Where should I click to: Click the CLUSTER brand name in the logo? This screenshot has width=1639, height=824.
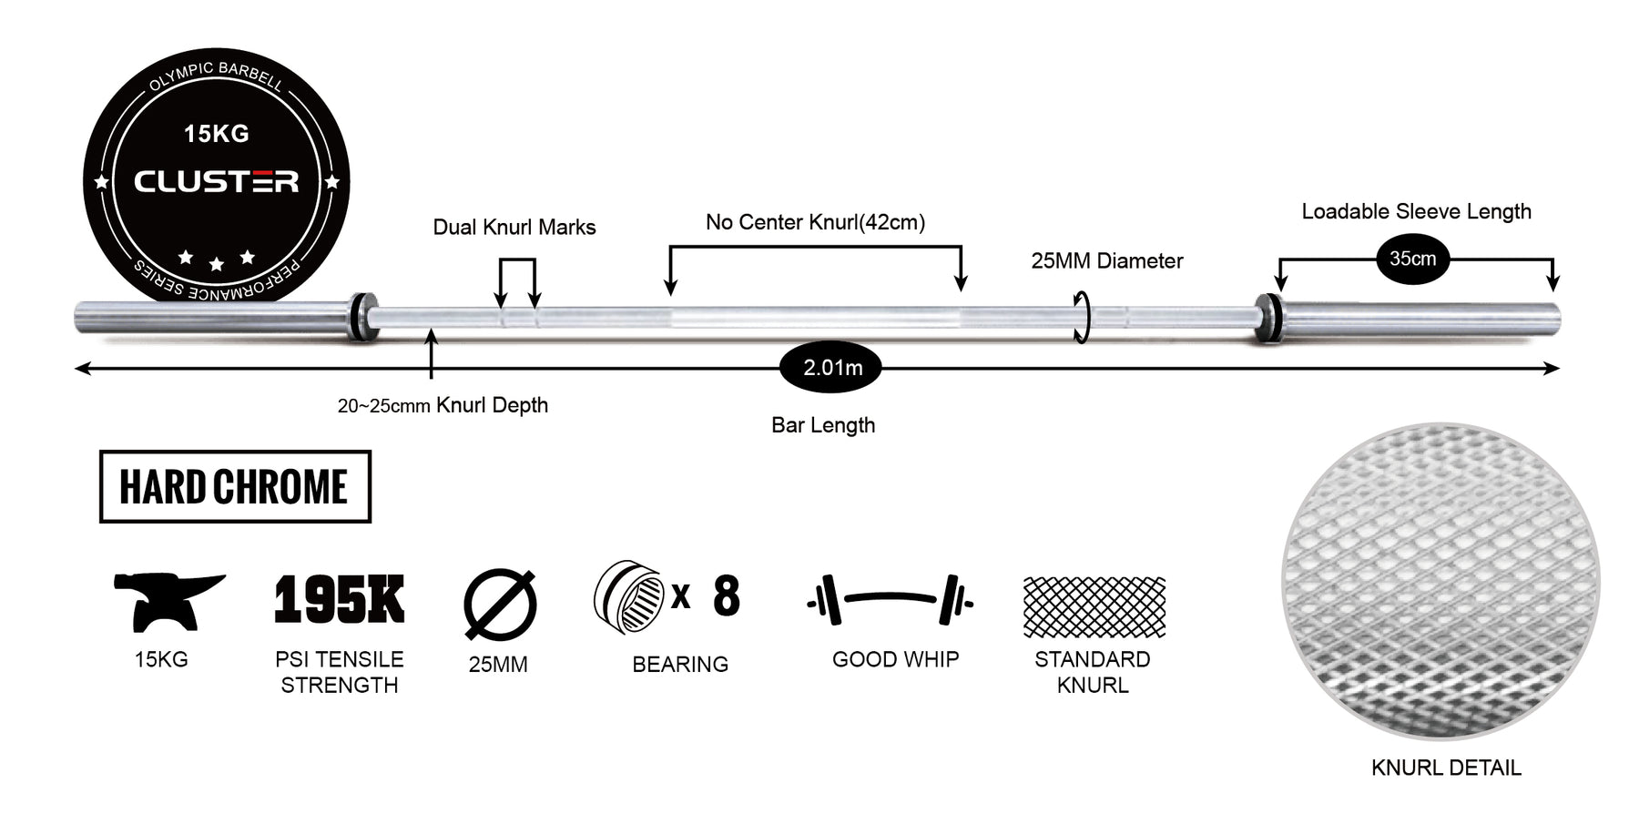coord(217,181)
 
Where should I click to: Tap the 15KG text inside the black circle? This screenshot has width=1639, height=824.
coord(217,134)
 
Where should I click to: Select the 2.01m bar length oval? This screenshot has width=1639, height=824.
coord(831,368)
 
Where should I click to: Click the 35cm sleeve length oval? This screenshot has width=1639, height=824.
coord(1412,259)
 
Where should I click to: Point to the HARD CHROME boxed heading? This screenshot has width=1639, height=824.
coord(235,486)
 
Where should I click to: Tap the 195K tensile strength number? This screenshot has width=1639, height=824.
coord(340,599)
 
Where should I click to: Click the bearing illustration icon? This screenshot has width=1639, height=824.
coord(628,596)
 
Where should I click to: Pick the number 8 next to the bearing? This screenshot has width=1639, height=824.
coord(726,596)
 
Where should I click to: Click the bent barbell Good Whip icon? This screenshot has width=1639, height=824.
coord(891,600)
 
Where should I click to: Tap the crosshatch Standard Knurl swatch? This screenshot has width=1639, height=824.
coord(1094,606)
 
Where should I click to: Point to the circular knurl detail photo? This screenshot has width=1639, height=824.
coord(1440,581)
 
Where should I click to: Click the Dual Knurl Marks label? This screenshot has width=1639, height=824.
coord(514,227)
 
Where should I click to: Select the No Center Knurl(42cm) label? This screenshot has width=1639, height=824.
coord(815,222)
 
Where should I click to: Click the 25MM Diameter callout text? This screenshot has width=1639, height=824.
coord(1106,260)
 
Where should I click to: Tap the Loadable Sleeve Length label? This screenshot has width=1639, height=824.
coord(1416,211)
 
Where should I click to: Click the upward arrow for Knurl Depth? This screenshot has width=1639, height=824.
coord(431,354)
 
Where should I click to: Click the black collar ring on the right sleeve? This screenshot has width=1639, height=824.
coord(1268,318)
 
